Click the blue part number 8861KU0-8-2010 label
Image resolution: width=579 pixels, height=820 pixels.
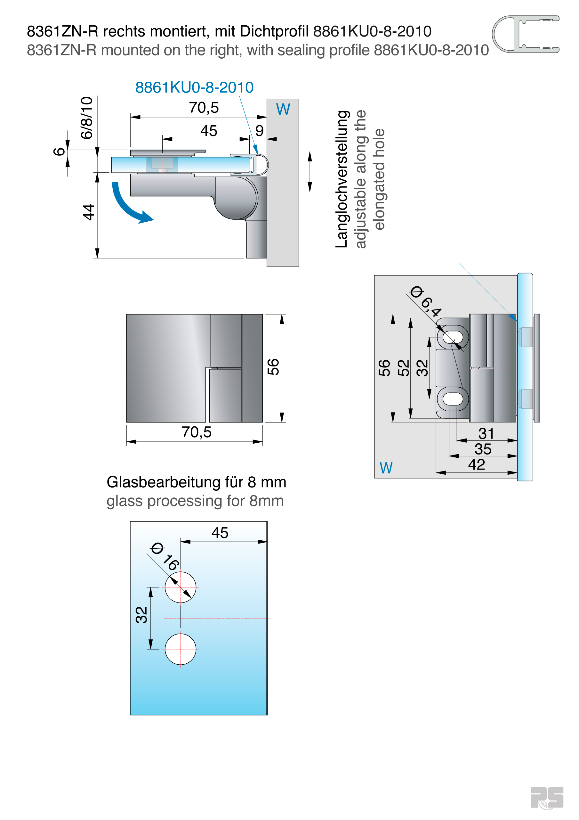(x=194, y=87)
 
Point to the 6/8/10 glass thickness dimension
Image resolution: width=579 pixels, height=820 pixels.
(x=87, y=118)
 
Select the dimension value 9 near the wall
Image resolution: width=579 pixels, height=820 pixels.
(x=259, y=131)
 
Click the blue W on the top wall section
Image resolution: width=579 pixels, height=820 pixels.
(x=283, y=109)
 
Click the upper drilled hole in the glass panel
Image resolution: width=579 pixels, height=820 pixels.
(x=180, y=587)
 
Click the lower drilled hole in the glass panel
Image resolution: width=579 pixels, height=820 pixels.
(x=180, y=649)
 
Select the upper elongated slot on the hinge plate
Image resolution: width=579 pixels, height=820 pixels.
(x=453, y=336)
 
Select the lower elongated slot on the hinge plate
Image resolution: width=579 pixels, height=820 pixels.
(x=453, y=399)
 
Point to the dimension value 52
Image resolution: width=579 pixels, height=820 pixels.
(x=403, y=367)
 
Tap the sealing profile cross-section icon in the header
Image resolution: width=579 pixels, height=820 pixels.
(x=525, y=34)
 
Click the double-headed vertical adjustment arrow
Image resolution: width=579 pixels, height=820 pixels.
(x=310, y=172)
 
